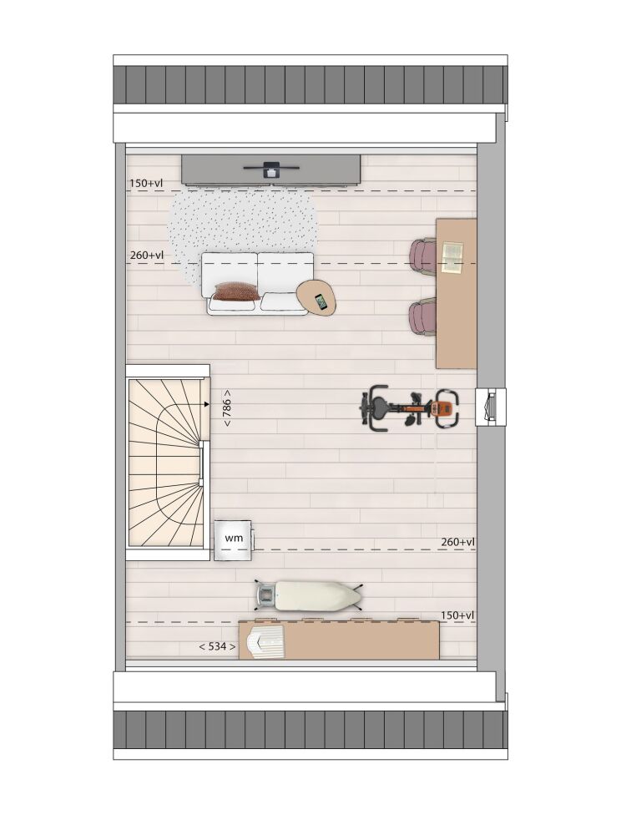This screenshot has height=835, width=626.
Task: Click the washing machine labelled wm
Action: click(234, 540)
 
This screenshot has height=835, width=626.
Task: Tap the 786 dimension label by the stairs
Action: click(227, 407)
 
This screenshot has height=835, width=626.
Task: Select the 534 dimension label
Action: click(217, 646)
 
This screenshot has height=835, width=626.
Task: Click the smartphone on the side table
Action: click(321, 302)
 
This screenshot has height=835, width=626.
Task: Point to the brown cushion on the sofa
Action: click(237, 291)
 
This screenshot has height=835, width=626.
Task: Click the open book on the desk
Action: click(452, 258)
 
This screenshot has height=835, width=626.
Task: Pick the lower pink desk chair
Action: click(423, 319)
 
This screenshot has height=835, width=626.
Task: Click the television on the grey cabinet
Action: click(271, 169)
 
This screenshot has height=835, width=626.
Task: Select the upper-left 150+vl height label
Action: click(146, 183)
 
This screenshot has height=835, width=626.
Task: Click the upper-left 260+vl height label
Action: click(147, 256)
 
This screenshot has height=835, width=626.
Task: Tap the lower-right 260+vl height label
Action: click(457, 542)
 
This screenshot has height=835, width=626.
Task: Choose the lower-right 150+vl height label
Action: click(457, 615)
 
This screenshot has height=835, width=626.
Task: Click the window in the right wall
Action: click(490, 407)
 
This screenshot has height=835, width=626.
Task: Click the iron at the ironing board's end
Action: click(265, 595)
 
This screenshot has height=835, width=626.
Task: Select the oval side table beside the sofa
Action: click(317, 298)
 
